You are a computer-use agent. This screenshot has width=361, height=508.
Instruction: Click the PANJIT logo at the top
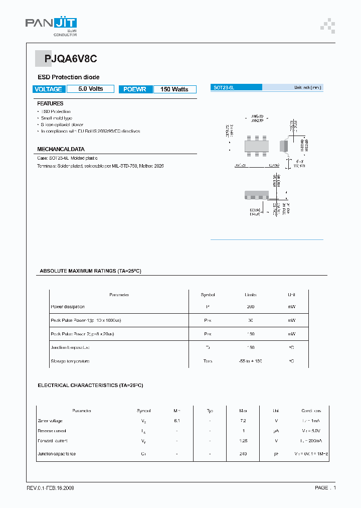pos(51,25)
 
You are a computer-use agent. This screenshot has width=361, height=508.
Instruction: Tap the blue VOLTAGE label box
pos(49,89)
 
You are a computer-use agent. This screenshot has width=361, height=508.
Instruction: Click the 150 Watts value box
pos(174,89)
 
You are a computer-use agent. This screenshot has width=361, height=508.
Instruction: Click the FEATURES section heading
pos(50,103)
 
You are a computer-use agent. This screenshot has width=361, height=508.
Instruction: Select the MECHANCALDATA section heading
pos(61,149)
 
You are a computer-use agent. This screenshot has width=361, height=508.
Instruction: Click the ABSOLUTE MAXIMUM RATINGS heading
pos(90,271)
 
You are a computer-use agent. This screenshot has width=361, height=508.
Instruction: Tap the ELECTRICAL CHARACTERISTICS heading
pos(90,386)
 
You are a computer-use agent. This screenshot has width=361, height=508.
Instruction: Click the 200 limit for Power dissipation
pos(251,307)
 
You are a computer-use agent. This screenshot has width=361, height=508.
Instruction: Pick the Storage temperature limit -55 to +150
pos(251,361)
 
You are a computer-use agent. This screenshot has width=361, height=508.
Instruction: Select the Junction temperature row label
pos(70,347)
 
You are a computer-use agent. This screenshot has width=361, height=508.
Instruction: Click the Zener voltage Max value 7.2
pos(243,421)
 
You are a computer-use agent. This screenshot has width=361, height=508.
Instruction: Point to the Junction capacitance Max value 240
pos(243,454)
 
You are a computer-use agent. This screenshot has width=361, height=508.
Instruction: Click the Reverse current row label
pos(52,431)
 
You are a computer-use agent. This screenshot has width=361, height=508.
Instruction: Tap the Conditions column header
pos(311,411)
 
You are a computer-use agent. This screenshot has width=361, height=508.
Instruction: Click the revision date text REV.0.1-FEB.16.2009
pos(50,488)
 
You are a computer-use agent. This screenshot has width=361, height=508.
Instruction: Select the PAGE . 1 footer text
pos(325,488)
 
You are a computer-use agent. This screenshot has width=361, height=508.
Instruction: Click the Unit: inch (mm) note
pos(307,87)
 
